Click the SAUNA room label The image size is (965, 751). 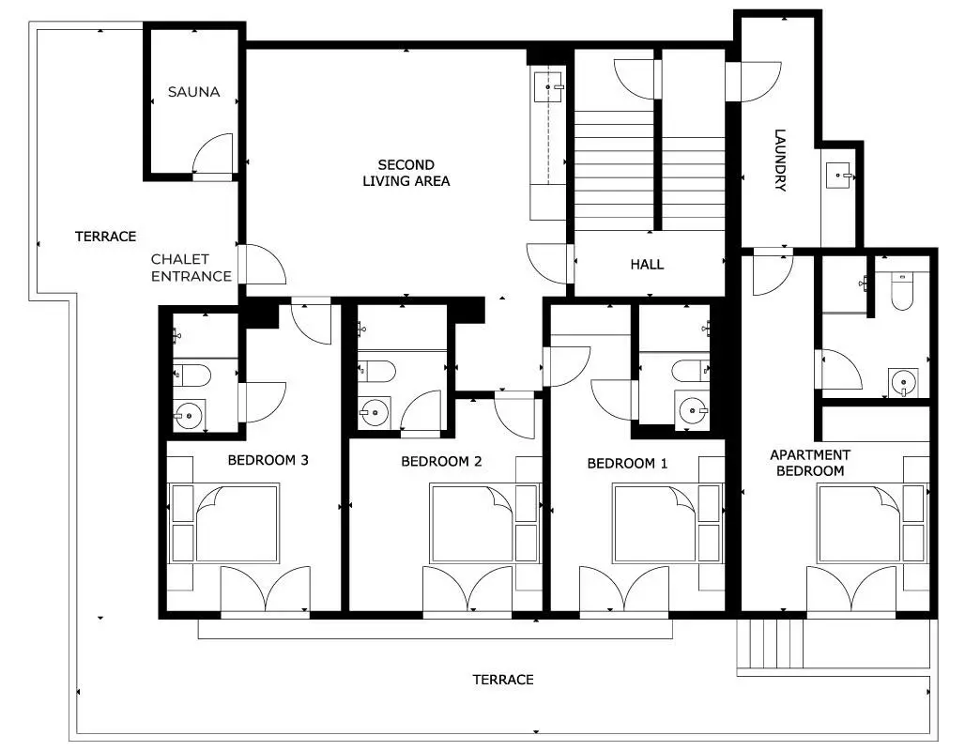tap(194, 92)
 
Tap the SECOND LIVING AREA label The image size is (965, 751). tap(406, 173)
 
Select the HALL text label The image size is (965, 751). tap(647, 265)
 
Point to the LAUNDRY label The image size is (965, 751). tap(780, 160)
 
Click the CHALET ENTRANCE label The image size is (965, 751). tap(191, 268)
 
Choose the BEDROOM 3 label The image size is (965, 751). tap(268, 460)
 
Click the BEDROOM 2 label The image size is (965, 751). tap(441, 461)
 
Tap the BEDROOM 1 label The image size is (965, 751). tap(627, 463)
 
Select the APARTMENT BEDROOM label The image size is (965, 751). tap(810, 463)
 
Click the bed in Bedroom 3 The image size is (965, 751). tap(224, 523)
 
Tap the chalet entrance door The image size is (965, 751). tap(262, 264)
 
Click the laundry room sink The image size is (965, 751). tap(838, 175)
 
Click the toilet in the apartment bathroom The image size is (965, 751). tap(903, 291)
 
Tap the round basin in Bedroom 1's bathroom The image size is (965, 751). tap(693, 410)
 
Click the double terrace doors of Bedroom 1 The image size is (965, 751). tap(624, 590)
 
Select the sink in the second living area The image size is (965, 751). tap(547, 87)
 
